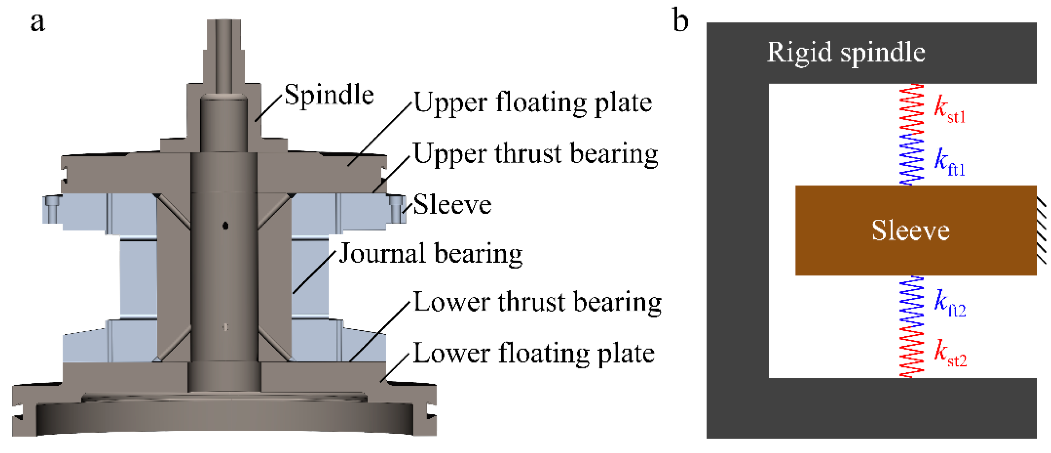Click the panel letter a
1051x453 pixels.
pos(38,23)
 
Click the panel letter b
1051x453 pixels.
pos(680,20)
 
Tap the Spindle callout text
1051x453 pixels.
pos(329,95)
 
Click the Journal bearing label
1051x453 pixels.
pos(431,253)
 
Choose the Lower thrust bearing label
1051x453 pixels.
pos(537,302)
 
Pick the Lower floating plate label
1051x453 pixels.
pos(534,353)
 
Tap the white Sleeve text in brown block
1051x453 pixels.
pos(911,230)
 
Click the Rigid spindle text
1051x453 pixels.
pos(846,52)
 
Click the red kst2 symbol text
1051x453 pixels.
pos(950,353)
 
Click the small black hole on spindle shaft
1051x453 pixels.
pos(225,225)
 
